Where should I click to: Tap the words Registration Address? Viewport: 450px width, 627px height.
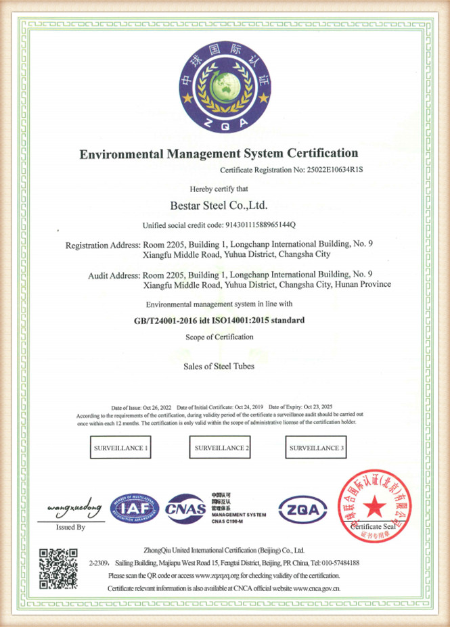[102, 244]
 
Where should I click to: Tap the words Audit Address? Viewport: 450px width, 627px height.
[114, 275]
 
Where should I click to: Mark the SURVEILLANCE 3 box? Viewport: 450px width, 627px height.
[317, 448]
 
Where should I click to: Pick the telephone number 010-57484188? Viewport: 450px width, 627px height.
[334, 563]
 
